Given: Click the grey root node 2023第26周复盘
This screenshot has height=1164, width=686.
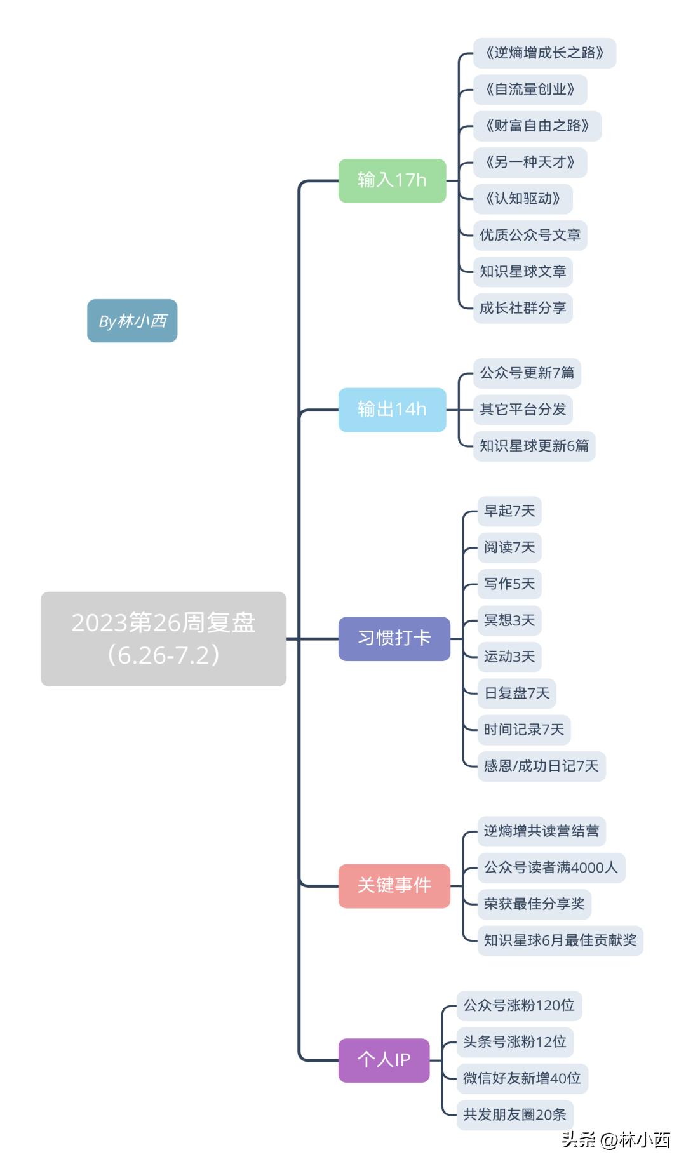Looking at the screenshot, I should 163,638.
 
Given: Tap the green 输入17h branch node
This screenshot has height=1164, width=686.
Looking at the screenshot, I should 392,180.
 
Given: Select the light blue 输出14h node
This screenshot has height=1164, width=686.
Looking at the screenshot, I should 392,410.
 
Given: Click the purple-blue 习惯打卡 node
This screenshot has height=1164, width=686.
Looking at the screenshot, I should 394,638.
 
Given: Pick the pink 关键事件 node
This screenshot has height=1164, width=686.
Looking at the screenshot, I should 394,885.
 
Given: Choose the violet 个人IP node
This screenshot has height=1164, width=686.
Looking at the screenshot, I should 384,1060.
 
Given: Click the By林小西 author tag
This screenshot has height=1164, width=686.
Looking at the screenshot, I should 132,321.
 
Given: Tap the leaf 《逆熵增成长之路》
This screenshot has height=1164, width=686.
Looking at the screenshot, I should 544,53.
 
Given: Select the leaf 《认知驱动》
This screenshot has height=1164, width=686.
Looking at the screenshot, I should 523,199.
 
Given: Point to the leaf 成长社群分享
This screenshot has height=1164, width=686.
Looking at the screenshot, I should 523,308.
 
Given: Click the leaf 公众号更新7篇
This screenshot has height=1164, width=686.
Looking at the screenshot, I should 527,373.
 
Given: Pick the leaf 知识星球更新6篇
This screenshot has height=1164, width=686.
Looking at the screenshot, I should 534,446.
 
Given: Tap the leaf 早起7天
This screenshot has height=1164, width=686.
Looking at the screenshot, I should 509,511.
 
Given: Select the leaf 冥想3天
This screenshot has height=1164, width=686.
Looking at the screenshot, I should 509,620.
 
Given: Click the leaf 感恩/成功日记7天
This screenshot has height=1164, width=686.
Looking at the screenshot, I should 541,766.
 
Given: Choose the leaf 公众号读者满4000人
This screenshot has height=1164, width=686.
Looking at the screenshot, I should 551,867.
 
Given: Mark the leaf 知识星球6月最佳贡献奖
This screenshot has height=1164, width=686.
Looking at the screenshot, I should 560,940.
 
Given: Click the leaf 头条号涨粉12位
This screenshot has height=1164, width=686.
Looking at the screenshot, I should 514,1042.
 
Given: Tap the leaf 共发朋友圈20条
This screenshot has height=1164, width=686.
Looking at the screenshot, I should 514,1114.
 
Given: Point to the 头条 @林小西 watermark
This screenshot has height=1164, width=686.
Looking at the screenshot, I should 615,1140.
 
